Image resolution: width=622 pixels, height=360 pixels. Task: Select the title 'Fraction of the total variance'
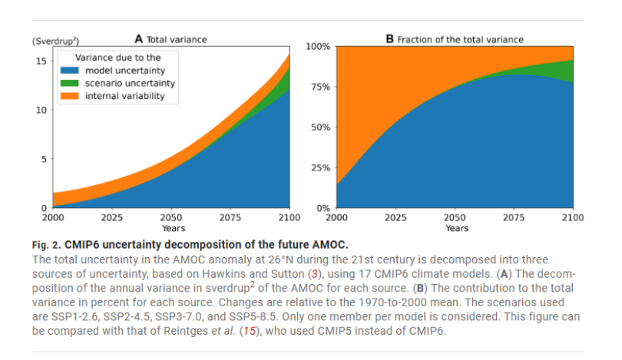(x=459, y=39)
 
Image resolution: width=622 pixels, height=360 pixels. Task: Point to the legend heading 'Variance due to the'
(x=116, y=58)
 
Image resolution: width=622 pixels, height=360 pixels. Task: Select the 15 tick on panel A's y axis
(x=42, y=60)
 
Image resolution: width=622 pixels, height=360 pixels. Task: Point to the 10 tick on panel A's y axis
(x=42, y=110)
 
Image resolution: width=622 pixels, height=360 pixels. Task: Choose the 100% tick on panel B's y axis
(x=318, y=47)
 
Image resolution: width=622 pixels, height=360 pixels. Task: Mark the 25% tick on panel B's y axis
(x=320, y=167)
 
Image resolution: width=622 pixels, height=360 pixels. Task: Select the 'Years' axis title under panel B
(x=456, y=228)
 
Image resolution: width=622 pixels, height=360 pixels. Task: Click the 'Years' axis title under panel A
(x=173, y=228)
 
